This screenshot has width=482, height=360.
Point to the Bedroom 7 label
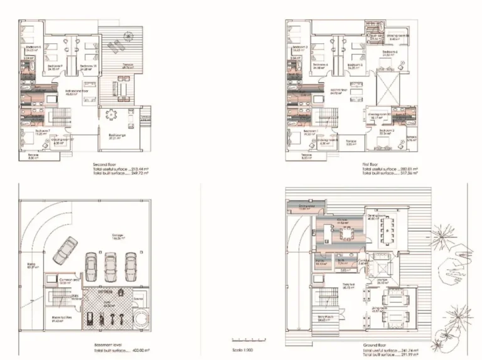coord(33,131)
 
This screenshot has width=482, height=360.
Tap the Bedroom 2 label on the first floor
coord(385,130)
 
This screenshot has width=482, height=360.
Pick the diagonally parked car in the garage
coord(65,251)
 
